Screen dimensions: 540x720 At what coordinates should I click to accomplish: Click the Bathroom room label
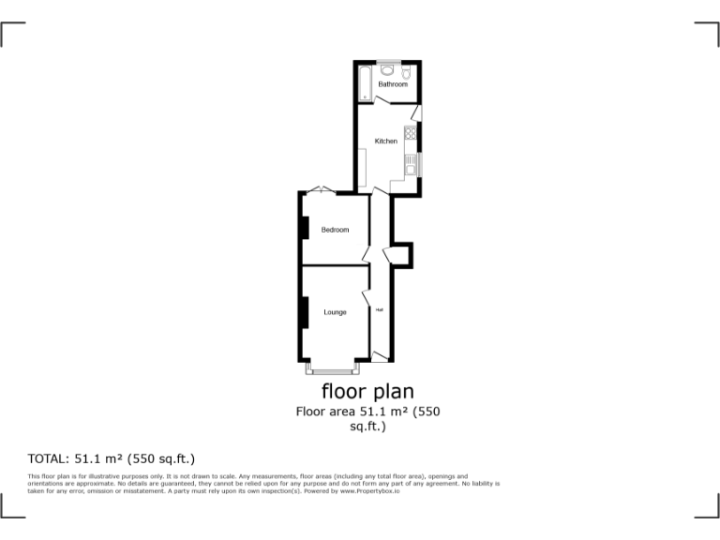pyautogui.click(x=392, y=84)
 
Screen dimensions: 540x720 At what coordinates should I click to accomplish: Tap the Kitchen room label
pyautogui.click(x=386, y=141)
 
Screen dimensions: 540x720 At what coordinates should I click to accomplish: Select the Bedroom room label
pyautogui.click(x=335, y=230)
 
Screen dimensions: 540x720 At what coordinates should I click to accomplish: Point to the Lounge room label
pyautogui.click(x=335, y=312)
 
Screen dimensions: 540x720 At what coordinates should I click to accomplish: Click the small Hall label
pyautogui.click(x=380, y=309)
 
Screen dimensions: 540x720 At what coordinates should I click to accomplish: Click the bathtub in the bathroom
pyautogui.click(x=365, y=82)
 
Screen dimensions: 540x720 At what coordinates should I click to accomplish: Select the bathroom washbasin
pyautogui.click(x=386, y=68)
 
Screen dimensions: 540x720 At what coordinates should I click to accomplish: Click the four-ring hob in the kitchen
pyautogui.click(x=411, y=135)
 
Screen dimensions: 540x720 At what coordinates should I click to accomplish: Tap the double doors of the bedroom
pyautogui.click(x=321, y=190)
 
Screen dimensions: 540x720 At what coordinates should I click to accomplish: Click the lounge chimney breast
pyautogui.click(x=305, y=312)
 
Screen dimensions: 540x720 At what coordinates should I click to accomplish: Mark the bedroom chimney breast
pyautogui.click(x=305, y=228)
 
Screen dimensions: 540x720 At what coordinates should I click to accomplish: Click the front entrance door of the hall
pyautogui.click(x=380, y=355)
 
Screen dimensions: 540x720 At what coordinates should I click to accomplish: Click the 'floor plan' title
pyautogui.click(x=367, y=390)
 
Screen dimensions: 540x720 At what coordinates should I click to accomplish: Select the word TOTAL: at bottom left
pyautogui.click(x=48, y=459)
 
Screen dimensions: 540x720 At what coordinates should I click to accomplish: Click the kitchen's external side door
pyautogui.click(x=416, y=113)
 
